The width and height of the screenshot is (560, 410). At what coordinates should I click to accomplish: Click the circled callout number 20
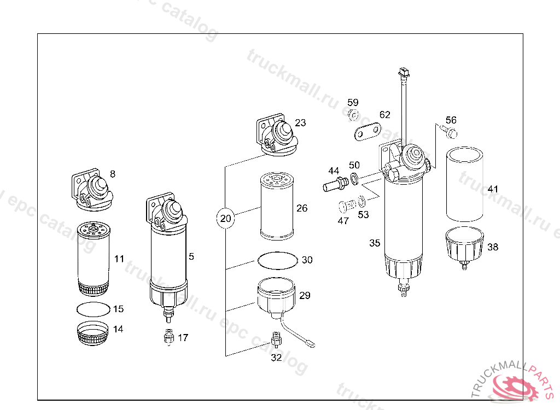point(225,219)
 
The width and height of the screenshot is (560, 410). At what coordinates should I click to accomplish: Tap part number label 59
point(353,103)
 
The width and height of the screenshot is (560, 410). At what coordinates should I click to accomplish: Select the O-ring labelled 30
point(278,260)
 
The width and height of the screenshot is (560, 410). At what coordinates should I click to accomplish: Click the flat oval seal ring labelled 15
point(92,309)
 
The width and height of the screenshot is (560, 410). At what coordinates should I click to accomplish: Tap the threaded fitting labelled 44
point(334,182)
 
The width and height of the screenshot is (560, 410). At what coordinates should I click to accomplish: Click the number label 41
point(493,189)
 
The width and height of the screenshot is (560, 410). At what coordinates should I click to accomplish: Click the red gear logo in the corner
point(515,388)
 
